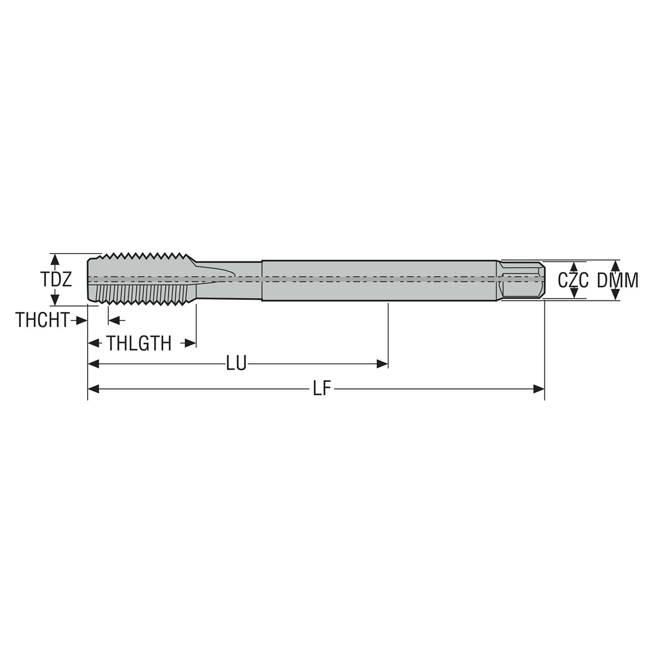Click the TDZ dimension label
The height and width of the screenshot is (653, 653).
pyautogui.click(x=56, y=280)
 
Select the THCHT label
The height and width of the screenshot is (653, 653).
pyautogui.click(x=42, y=320)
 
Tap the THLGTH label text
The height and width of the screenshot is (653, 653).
pyautogui.click(x=139, y=343)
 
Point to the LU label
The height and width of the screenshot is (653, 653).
pyautogui.click(x=236, y=364)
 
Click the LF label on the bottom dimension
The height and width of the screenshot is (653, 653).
pyautogui.click(x=322, y=389)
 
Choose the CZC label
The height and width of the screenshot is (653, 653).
pyautogui.click(x=573, y=280)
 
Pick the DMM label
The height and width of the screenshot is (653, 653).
pyautogui.click(x=617, y=280)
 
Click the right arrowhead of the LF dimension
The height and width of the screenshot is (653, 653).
pyautogui.click(x=539, y=389)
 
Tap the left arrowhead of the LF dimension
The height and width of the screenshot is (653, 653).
pyautogui.click(x=94, y=389)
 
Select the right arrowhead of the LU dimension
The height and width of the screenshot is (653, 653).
pyautogui.click(x=382, y=364)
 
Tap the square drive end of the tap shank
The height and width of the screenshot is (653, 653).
pyautogui.click(x=523, y=280)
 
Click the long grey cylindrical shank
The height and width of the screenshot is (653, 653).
pyautogui.click(x=378, y=281)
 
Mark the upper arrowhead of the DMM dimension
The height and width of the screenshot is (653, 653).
pyautogui.click(x=616, y=265)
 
